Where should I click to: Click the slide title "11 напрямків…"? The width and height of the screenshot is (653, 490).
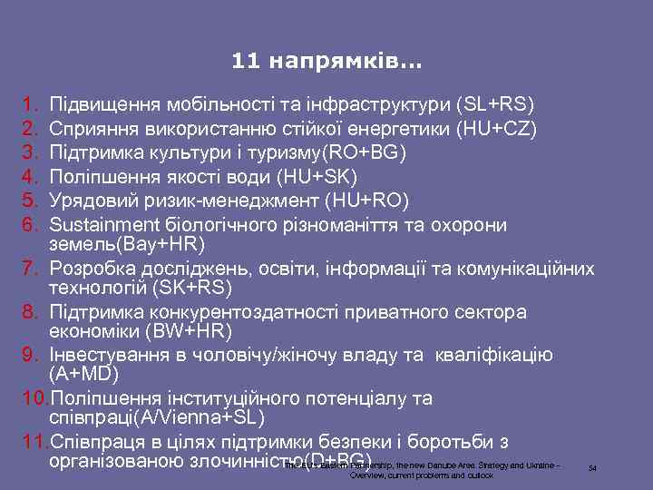[326, 63]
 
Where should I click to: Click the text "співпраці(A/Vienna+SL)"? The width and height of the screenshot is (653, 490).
[156, 419]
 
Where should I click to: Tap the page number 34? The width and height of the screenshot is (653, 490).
[591, 468]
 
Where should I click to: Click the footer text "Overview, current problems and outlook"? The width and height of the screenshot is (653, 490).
[422, 475]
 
